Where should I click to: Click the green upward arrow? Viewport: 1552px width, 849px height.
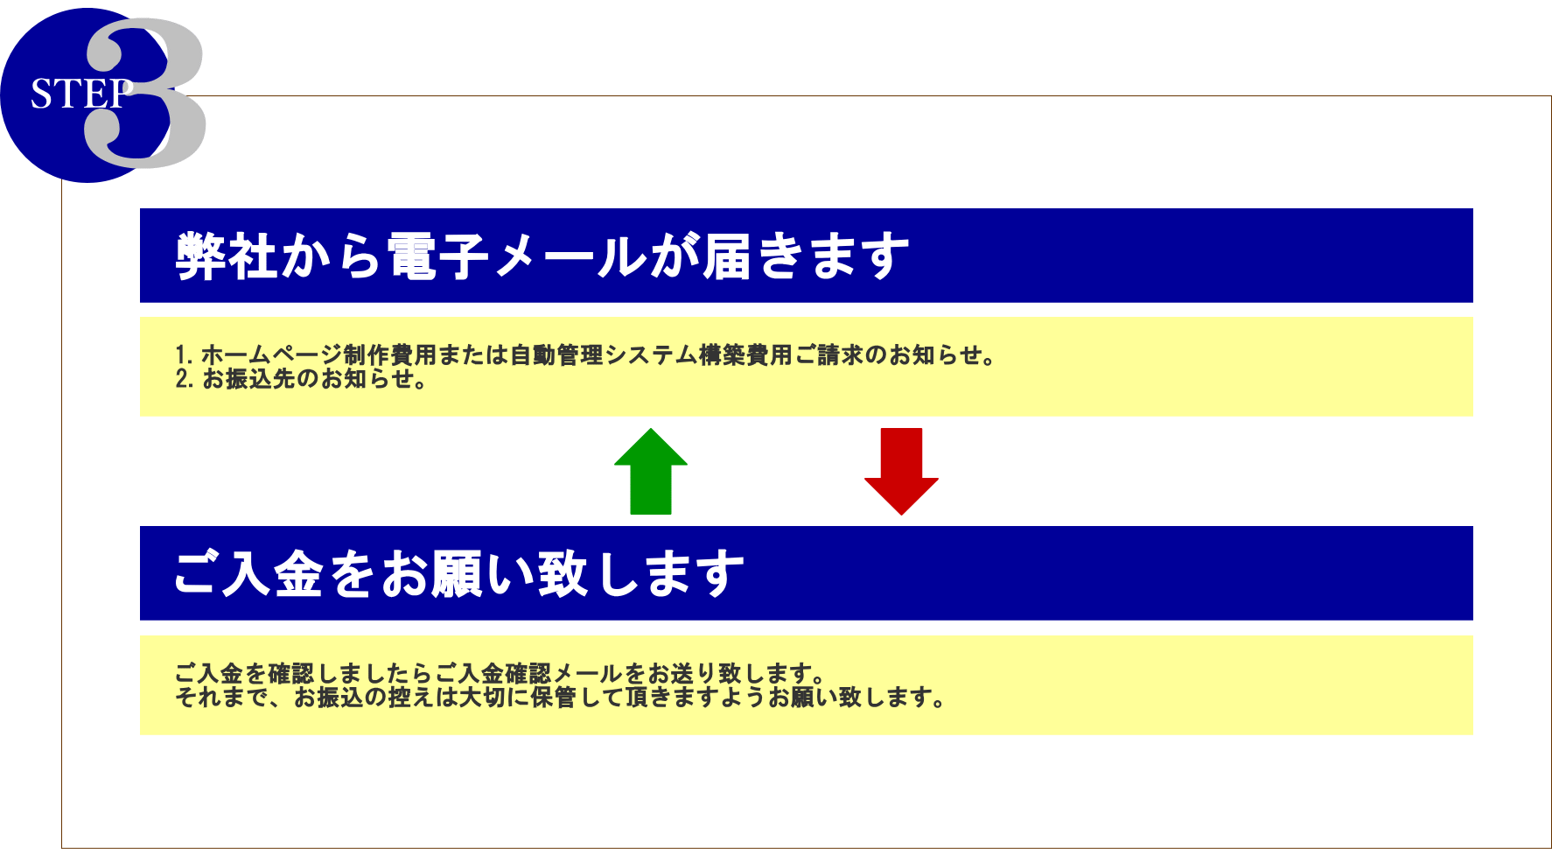click(651, 472)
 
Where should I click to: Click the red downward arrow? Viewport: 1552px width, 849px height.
click(901, 472)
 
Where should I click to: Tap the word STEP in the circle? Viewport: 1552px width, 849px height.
click(81, 94)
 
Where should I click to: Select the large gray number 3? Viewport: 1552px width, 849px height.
click(146, 94)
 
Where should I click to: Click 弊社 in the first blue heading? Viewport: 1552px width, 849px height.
click(227, 256)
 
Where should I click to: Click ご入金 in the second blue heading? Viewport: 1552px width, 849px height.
click(249, 574)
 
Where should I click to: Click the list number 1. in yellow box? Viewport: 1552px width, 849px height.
click(184, 355)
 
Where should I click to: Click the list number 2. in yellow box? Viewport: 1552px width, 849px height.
click(184, 379)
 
